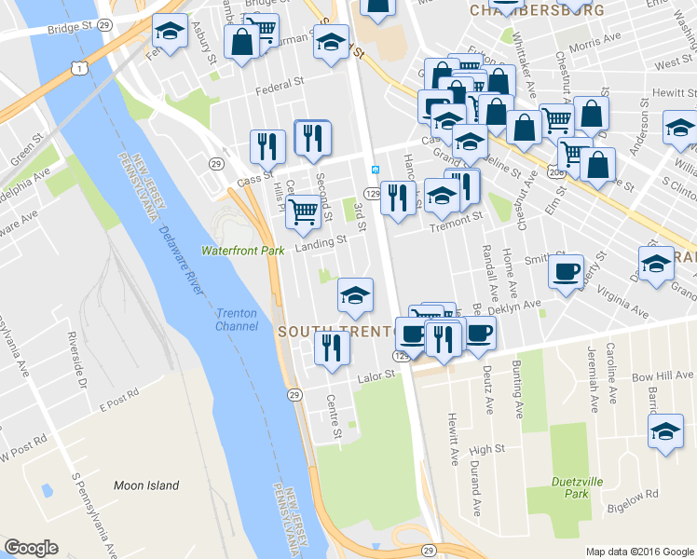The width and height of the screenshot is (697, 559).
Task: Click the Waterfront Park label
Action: pos(243,251)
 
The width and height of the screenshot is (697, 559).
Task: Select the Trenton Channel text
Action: pos(237,320)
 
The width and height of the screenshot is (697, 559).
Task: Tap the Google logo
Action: pos(31,548)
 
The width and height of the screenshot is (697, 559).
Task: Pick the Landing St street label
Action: pos(321,239)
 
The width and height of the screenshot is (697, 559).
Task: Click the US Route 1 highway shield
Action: pos(83,68)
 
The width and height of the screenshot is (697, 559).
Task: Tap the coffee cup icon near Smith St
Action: pos(565,272)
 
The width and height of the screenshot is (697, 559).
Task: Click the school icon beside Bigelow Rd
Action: pos(664,431)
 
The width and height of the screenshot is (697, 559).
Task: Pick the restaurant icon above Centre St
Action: pos(331,348)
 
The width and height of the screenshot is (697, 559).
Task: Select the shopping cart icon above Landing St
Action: pos(303,211)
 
